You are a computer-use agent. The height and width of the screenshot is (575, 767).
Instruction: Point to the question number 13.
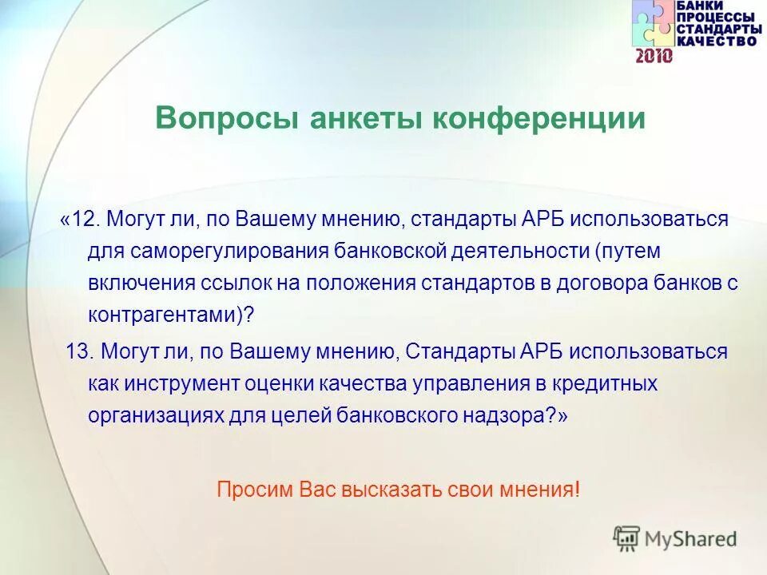(x=79, y=351)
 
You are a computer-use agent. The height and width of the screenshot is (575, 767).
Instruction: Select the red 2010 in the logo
(x=654, y=56)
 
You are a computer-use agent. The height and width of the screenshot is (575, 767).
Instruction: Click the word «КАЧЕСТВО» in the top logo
(x=714, y=41)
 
